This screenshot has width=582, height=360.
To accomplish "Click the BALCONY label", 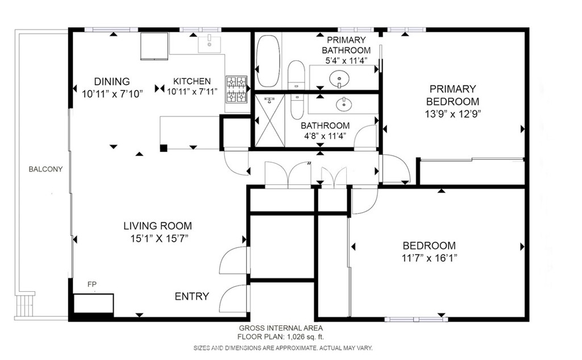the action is [x=45, y=169].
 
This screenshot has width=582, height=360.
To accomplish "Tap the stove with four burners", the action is [x=237, y=89].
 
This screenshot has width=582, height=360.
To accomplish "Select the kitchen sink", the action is [x=209, y=44].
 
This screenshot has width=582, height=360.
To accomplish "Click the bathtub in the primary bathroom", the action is [x=268, y=61].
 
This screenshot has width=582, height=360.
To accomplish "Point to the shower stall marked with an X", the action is [x=270, y=121].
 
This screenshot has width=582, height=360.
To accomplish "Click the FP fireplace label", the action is [x=92, y=284].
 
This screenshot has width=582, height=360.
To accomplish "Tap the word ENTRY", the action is [x=192, y=296].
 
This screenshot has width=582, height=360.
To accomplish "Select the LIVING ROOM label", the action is [x=158, y=226].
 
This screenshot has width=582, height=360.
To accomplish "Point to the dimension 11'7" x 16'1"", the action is [x=430, y=258].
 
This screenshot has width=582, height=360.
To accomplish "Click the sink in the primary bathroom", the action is [x=339, y=78].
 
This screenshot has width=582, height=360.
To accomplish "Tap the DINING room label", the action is [x=112, y=82].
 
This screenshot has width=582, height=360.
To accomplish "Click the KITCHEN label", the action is [x=192, y=81].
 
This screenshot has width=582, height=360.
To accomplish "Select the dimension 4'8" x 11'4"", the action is [x=326, y=136].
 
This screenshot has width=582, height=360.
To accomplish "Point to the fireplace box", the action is [x=94, y=304].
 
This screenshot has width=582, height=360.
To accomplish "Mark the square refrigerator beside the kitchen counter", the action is [x=155, y=46].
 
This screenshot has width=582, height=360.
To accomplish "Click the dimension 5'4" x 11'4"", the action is [x=346, y=60].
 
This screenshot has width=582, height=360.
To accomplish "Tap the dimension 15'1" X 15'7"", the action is [x=159, y=238].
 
